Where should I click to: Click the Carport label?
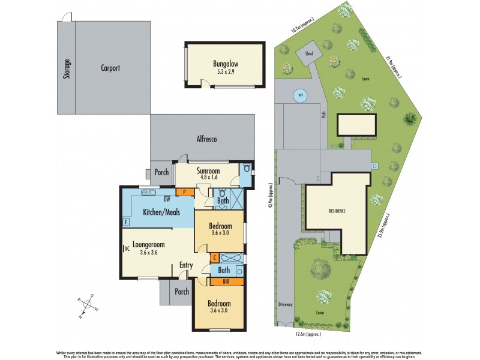click(x=110, y=68)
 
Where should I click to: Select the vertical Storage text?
click(x=67, y=69)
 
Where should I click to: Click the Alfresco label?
click(x=206, y=139)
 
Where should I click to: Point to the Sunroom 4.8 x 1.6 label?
click(x=208, y=174)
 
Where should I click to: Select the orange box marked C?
click(x=215, y=257)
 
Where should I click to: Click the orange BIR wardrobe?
click(x=226, y=280)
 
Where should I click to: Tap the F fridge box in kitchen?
click(x=127, y=222)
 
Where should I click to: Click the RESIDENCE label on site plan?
click(x=337, y=212)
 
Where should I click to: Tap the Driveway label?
click(x=286, y=304)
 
